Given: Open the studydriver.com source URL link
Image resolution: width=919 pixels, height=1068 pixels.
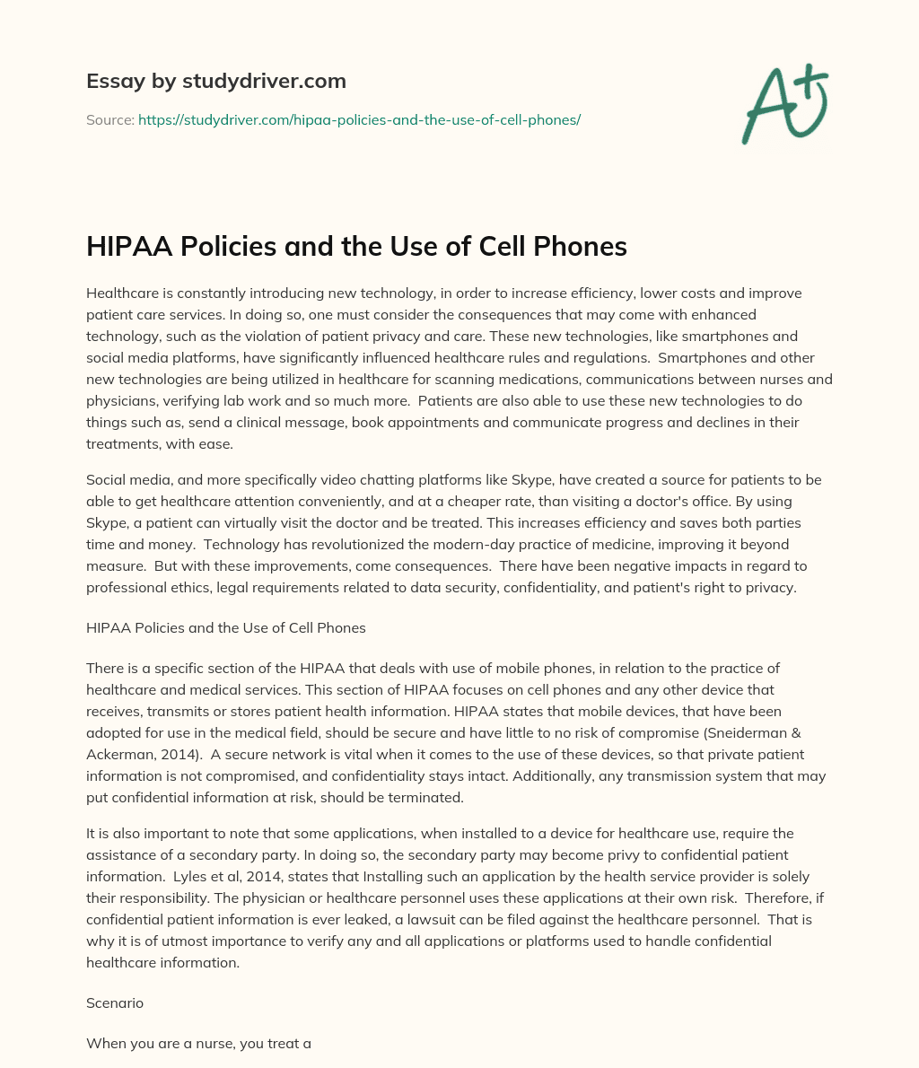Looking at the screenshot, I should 359,119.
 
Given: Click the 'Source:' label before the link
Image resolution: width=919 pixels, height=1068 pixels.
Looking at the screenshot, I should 109,119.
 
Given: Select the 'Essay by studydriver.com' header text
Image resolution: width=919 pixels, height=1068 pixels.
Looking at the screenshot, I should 215,81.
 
